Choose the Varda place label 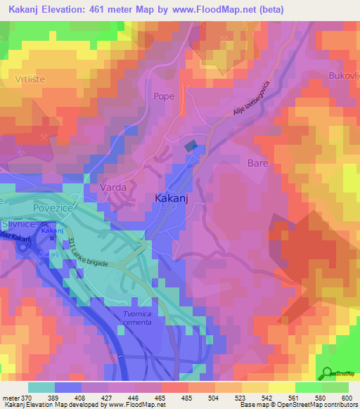tap(112, 188)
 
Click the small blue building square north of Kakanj tap(191, 145)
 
